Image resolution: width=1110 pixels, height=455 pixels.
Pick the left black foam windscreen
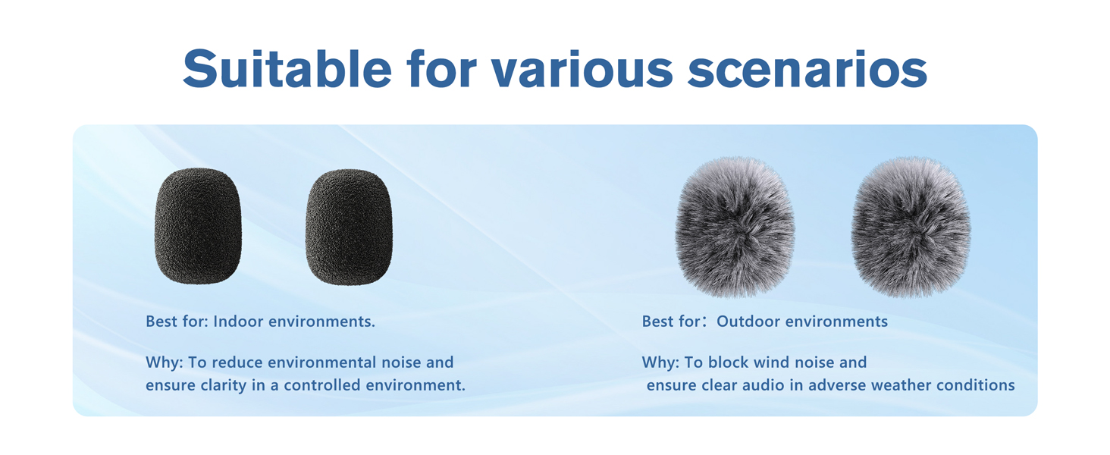coord(198,226)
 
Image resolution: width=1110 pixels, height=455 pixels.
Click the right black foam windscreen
coord(349,227)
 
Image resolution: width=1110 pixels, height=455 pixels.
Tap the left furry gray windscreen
coord(735,227)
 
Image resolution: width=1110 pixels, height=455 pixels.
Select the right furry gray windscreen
coord(911,227)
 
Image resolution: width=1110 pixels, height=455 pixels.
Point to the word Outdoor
coord(748,322)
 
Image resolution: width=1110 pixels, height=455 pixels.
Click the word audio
coord(762,385)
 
